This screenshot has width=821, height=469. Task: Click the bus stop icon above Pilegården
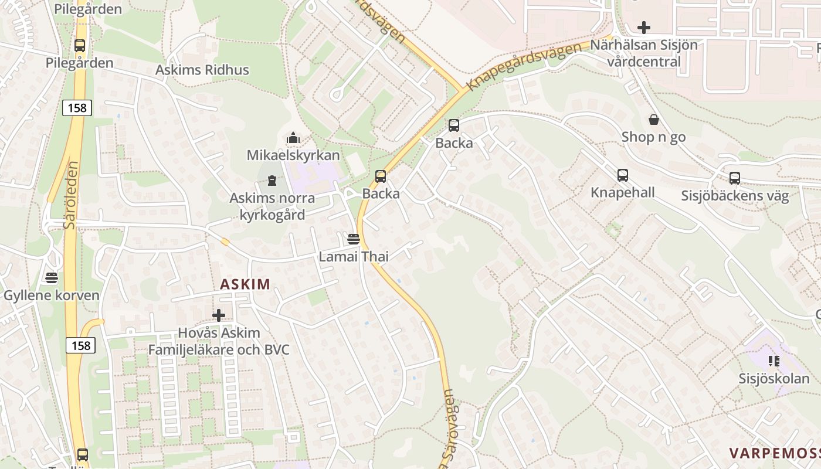80,45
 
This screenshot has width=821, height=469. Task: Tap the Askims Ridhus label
202,70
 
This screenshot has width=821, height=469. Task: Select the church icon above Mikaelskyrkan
293,138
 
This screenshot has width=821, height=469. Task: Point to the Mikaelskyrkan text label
293,155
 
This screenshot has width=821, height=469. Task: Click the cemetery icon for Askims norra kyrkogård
272,180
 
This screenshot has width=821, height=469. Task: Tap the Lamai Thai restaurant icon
353,239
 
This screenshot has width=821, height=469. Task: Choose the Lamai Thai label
353,256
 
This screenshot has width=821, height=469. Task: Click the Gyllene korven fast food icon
52,277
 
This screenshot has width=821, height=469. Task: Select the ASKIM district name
245,284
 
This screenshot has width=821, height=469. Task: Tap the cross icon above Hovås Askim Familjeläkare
219,315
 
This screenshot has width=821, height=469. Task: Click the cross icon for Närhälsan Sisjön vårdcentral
644,28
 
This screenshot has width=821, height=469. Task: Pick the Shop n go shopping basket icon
653,120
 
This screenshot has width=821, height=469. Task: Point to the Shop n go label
653,137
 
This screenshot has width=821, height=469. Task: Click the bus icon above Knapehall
622,175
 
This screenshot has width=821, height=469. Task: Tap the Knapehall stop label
622,192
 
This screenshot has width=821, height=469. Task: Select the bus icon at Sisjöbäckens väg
734,178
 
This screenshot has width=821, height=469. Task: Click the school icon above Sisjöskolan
773,361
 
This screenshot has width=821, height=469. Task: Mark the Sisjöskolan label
773,379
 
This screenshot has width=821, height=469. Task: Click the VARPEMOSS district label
774,453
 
